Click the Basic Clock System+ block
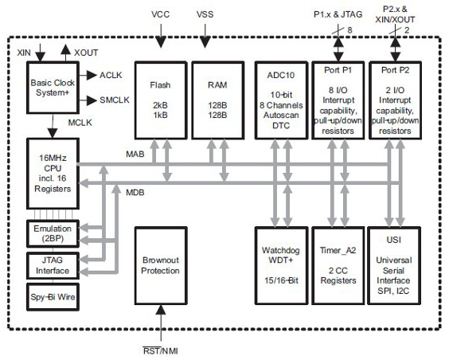[x=50, y=88]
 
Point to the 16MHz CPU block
[x=50, y=171]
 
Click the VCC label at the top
[x=160, y=14]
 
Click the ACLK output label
[x=110, y=75]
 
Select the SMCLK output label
[x=113, y=101]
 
